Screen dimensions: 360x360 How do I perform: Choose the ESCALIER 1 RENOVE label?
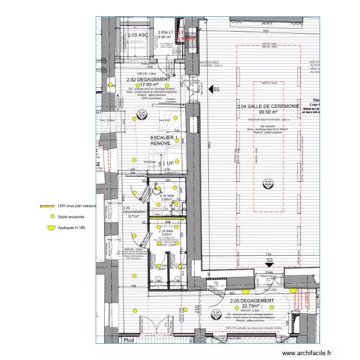164,140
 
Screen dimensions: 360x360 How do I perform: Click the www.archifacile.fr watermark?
307,353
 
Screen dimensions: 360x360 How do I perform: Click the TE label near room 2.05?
216,284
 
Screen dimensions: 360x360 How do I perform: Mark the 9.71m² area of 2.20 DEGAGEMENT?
131,216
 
